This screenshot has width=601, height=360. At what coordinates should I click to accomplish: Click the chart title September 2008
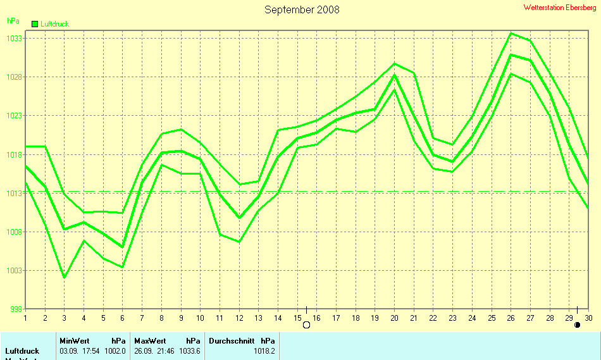coord(302,9)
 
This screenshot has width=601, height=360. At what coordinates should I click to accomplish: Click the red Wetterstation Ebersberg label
coord(560,8)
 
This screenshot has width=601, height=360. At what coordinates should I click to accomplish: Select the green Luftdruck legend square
coord(35,24)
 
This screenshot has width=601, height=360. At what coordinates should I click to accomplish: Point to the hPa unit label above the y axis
coord(13,21)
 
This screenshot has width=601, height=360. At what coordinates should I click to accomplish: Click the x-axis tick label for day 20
coord(395,318)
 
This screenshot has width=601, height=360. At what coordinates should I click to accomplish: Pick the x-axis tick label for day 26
coord(511,318)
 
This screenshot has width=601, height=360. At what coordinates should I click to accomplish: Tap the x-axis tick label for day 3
coord(65,318)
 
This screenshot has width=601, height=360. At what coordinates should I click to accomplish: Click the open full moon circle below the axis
coord(307,325)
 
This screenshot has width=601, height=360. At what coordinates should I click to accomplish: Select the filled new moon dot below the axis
coord(577,325)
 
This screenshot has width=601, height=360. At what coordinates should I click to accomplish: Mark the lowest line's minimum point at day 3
coord(65,278)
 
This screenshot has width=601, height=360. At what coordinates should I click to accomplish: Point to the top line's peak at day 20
coord(395,63)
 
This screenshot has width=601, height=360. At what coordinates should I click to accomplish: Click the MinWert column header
coord(75,340)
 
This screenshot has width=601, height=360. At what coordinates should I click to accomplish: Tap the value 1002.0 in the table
coord(115,351)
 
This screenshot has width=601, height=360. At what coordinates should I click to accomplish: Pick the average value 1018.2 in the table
coord(264,351)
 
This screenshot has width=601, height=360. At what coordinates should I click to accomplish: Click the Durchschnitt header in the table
coord(232,340)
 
